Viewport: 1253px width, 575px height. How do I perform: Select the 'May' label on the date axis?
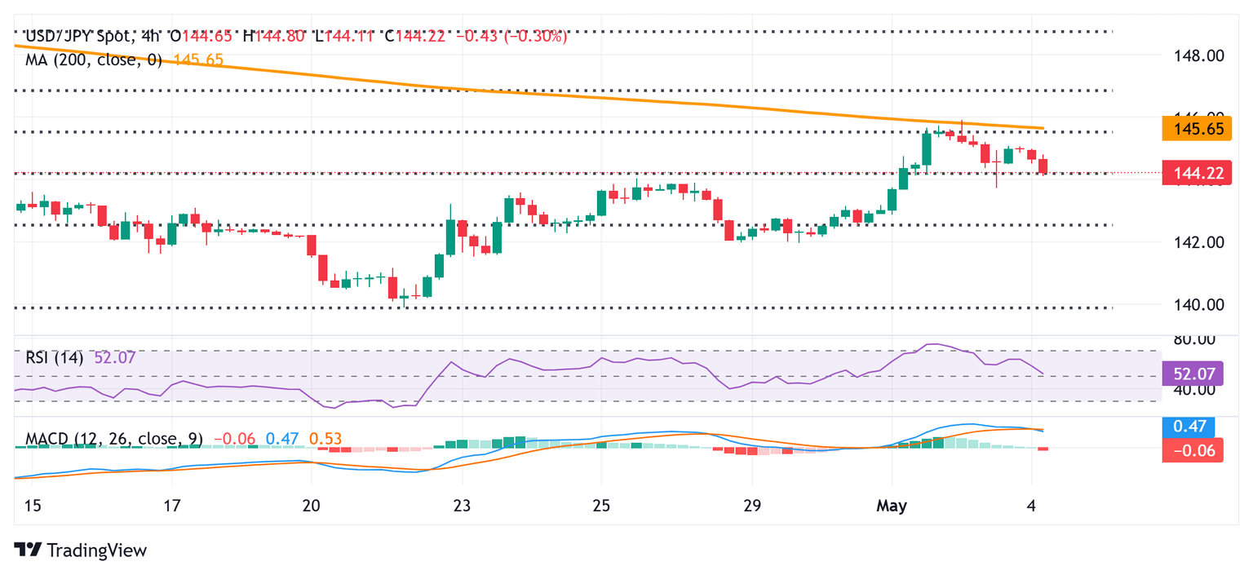pos(892,506)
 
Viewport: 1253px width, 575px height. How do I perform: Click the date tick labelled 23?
pos(462,506)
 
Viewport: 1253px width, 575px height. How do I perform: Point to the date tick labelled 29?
pos(752,506)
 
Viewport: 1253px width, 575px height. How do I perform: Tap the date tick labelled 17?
pos(171,506)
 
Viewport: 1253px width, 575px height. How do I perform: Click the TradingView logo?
pos(81,551)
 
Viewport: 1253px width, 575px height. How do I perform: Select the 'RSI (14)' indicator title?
pos(54,357)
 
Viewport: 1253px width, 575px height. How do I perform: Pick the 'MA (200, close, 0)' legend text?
pos(94,60)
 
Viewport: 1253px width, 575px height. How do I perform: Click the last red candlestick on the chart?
pos(1043,165)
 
